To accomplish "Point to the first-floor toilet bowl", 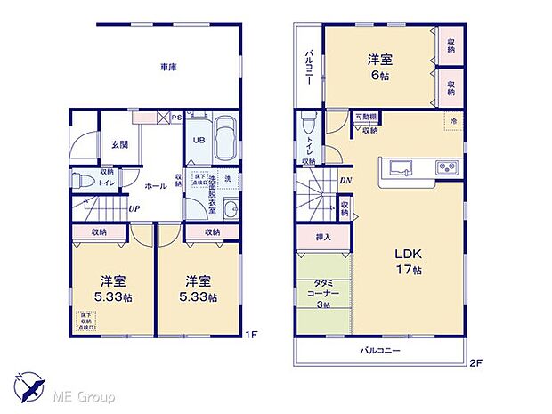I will pyautogui.click(x=81, y=180).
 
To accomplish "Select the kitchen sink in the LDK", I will pyautogui.click(x=395, y=167).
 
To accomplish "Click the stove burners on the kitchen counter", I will pyautogui.click(x=444, y=167).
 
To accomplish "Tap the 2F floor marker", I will pyautogui.click(x=475, y=362).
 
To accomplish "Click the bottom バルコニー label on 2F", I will pyautogui.click(x=381, y=351).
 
